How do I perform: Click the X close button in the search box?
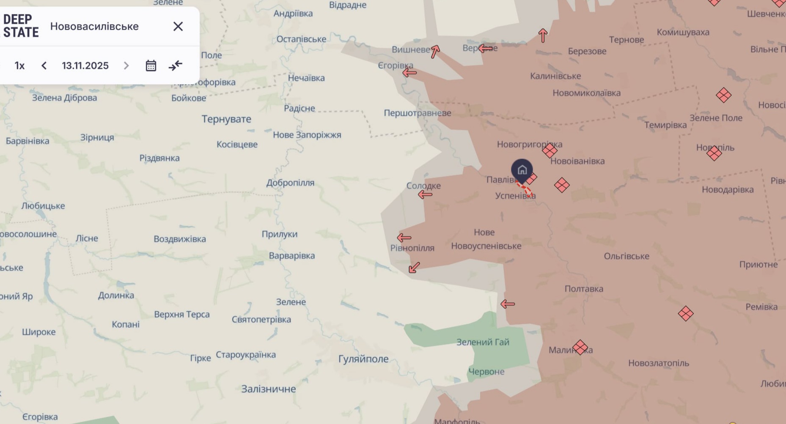pos(178,27)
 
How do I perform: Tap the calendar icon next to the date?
pos(151,66)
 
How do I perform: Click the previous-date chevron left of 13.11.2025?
pos(44,66)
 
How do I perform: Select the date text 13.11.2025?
pos(85,66)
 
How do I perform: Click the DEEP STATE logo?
pos(21,26)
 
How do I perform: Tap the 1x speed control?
pos(19,66)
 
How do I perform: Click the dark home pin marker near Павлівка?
pos(522,170)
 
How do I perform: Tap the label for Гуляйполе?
pos(363,359)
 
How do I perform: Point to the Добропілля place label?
pos(290,183)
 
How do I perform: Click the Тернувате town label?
pos(226,119)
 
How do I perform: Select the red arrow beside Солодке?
pos(425,194)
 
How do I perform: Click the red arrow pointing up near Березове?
pos(543,36)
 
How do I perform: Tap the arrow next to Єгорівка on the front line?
pos(409,73)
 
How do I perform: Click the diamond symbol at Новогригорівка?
pos(550,150)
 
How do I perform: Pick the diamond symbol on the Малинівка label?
pos(580,347)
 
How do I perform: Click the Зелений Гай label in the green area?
pos(483,342)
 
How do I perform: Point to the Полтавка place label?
pos(584,289)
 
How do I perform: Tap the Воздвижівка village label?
pos(180,239)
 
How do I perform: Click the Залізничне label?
pos(269,389)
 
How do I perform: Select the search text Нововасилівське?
pos(94,27)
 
